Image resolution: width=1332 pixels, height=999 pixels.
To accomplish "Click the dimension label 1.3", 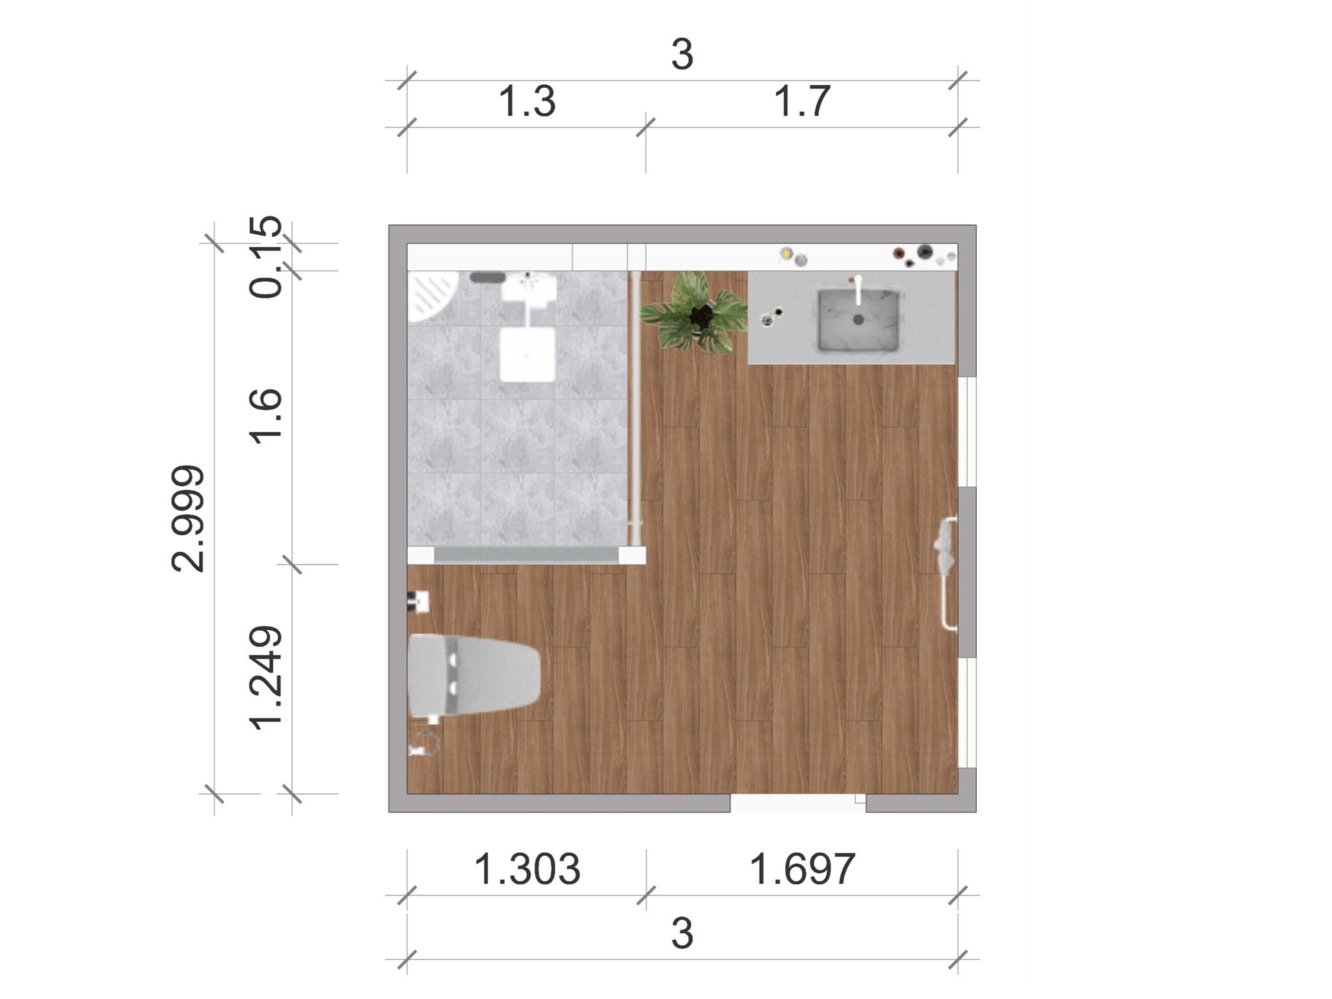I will (527, 102).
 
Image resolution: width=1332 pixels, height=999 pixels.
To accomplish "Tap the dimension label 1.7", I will (802, 102).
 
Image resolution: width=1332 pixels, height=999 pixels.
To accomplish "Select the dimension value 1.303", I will (527, 870).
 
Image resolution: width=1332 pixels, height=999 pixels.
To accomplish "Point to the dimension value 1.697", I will (802, 870).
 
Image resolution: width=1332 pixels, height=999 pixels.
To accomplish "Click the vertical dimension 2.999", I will (189, 518).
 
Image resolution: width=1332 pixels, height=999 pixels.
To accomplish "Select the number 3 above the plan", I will (682, 55).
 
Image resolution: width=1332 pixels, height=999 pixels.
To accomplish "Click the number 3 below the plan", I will (682, 934).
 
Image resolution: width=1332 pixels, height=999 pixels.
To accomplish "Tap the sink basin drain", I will (859, 320).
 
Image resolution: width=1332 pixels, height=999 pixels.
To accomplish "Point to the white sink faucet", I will (859, 290).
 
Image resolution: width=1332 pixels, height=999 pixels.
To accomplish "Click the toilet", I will (473, 675).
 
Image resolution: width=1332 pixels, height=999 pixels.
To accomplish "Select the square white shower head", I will (527, 354).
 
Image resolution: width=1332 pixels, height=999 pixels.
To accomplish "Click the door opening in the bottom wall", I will (797, 804).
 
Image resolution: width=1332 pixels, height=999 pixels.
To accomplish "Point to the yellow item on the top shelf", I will (786, 253).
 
